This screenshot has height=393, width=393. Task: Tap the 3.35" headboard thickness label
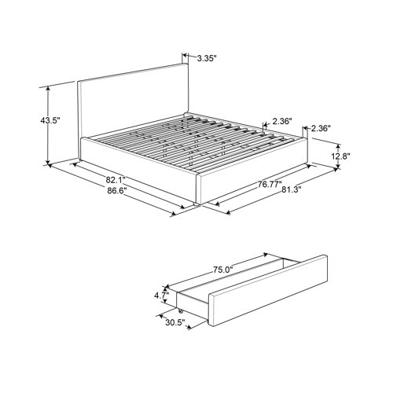coord(207,58)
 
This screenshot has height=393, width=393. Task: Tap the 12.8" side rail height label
coord(341,156)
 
